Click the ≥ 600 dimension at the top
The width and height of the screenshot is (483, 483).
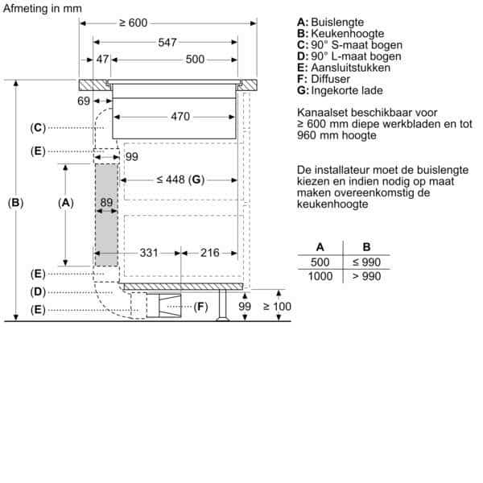tap(134, 23)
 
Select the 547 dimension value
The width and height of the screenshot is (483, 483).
tap(167, 42)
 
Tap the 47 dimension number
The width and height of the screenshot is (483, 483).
tap(102, 59)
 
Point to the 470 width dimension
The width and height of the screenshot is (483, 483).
tap(180, 117)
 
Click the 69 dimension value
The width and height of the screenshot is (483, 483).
tap(84, 101)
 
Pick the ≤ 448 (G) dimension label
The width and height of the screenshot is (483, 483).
tap(180, 180)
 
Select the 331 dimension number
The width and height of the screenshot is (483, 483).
tap(149, 253)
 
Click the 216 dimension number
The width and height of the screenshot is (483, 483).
tap(210, 253)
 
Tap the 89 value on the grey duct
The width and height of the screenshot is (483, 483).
tap(106, 202)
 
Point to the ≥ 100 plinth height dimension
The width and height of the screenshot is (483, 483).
tap(277, 306)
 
